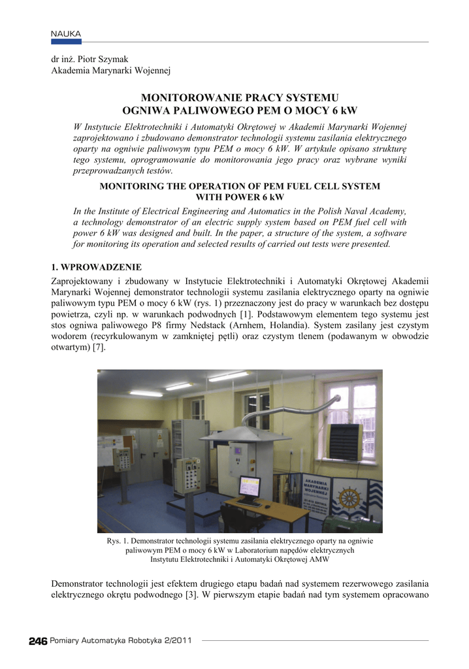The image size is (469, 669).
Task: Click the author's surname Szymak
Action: [113, 59]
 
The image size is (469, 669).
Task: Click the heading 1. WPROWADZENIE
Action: [96, 267]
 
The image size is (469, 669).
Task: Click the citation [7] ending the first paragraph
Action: [99, 347]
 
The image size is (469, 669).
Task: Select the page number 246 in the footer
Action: [38, 641]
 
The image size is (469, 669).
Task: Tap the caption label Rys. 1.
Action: [118, 542]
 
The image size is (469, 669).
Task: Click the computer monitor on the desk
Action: [250, 487]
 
